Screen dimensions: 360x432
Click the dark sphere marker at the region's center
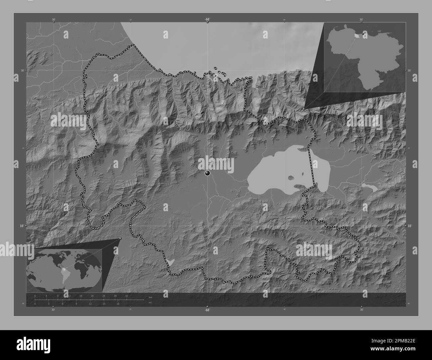tap(208, 173)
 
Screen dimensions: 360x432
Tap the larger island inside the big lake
tap(291, 178)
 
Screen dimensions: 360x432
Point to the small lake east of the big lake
tap(369, 188)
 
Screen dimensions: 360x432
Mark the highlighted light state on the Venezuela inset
tap(357, 35)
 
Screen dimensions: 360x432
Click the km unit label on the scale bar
tap(151, 297)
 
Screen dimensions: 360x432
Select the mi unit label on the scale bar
tap(151, 303)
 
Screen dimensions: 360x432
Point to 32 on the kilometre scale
tap(127, 296)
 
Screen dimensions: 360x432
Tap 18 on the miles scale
tap(118, 304)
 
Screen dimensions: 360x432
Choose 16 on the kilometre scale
tap(81, 296)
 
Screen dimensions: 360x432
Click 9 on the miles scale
tap(76, 304)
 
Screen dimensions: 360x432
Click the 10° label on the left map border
tap(22, 226)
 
